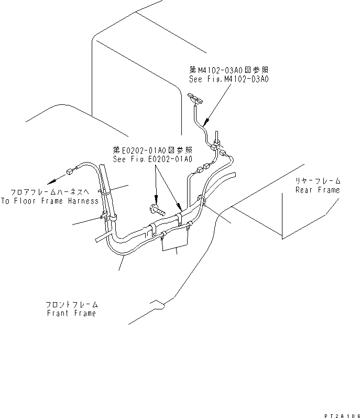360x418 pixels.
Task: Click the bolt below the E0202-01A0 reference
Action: coord(157,211)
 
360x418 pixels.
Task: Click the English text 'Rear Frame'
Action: coord(318,190)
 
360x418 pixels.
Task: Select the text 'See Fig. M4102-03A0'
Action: coord(229,79)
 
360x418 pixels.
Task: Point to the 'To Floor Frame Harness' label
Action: coord(49,201)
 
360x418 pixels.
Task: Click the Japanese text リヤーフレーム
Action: coord(318,180)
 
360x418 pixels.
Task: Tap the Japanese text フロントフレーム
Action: coord(71,304)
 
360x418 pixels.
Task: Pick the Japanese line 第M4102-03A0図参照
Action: coord(229,69)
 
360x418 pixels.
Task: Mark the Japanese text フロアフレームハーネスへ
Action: coord(49,192)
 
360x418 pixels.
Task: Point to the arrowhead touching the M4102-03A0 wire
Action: coord(205,122)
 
